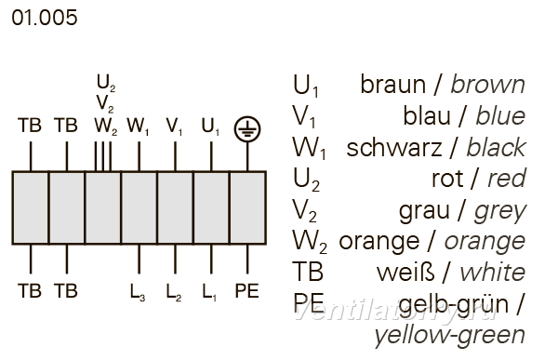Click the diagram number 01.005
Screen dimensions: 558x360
pyautogui.click(x=45, y=18)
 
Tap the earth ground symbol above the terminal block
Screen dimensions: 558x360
pyautogui.click(x=247, y=129)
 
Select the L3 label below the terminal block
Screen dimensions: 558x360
pyautogui.click(x=138, y=292)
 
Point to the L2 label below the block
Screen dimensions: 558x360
pyautogui.click(x=174, y=292)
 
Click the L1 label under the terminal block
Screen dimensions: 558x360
pyautogui.click(x=209, y=292)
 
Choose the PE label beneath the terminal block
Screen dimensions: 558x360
pyautogui.click(x=247, y=291)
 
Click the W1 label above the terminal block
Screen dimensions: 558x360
pyautogui.click(x=138, y=127)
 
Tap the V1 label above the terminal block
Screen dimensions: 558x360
pyautogui.click(x=174, y=127)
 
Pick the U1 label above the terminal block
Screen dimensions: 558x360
pyautogui.click(x=210, y=127)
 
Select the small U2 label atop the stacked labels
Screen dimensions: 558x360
pyautogui.click(x=106, y=84)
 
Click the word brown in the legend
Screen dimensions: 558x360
pyautogui.click(x=488, y=85)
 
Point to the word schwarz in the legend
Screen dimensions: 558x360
pyautogui.click(x=394, y=148)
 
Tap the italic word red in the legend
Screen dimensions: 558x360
pyautogui.click(x=507, y=179)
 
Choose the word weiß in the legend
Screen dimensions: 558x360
pyautogui.click(x=405, y=273)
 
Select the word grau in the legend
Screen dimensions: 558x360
pyautogui.click(x=424, y=211)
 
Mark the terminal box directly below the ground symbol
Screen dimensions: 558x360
pyautogui.click(x=248, y=208)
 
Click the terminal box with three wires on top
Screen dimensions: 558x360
pyautogui.click(x=103, y=208)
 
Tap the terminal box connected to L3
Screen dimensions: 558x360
pyautogui.click(x=139, y=208)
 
